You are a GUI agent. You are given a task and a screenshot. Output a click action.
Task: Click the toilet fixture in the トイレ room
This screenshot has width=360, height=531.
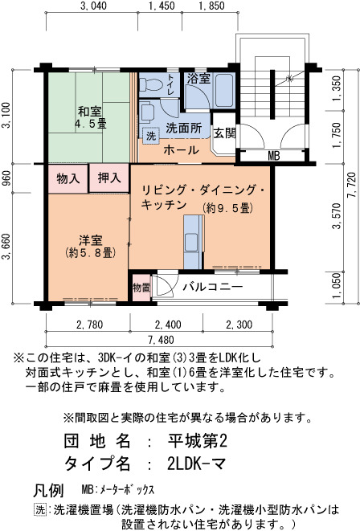[x=151, y=84]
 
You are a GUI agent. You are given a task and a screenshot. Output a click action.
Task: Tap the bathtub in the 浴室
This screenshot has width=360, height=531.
[x=224, y=90]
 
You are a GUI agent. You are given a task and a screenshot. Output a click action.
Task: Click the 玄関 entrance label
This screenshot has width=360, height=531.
[x=224, y=133]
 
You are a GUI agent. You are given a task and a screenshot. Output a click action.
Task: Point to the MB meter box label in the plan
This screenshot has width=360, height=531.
[x=274, y=156]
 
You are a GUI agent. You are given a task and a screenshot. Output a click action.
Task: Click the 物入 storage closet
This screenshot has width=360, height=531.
[x=68, y=178]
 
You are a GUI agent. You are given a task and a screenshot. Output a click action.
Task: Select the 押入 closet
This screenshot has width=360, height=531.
[x=109, y=178]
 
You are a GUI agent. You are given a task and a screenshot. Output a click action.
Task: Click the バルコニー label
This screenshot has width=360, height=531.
[x=213, y=287]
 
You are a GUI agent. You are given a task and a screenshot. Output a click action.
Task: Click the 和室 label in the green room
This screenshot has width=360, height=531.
[x=90, y=111]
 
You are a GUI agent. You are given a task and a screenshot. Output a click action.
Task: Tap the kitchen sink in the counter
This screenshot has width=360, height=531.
[x=191, y=242]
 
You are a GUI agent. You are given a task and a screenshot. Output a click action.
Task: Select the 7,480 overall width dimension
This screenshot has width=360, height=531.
[x=161, y=340]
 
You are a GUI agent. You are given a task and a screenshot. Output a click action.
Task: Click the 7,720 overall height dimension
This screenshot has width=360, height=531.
[x=352, y=186]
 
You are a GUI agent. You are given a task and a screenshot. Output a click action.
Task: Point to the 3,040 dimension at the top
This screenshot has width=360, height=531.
[x=93, y=6]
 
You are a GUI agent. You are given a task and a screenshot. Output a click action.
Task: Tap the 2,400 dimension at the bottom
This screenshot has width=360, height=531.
[x=168, y=325]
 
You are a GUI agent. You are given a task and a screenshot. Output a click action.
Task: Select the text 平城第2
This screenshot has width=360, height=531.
[x=198, y=440]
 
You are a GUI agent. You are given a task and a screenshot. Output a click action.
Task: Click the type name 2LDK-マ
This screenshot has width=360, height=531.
[x=196, y=464]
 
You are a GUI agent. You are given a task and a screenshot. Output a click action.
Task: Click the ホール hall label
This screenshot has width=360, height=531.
[x=181, y=150]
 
